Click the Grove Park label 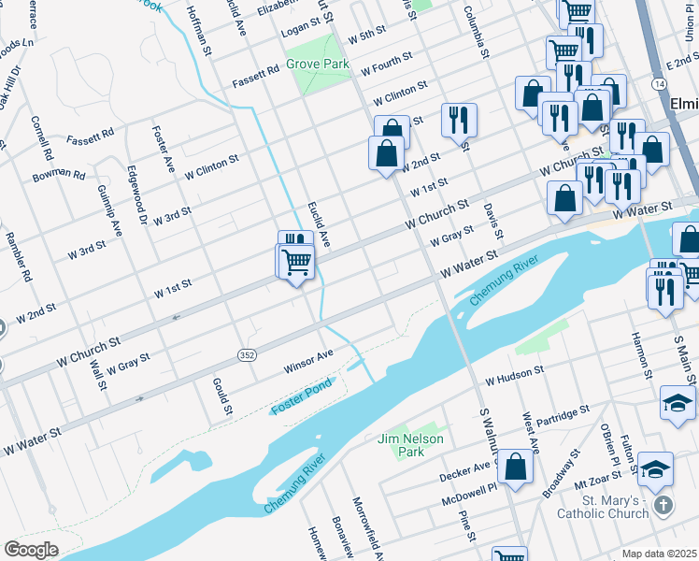pyautogui.click(x=318, y=65)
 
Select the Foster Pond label pyautogui.click(x=300, y=404)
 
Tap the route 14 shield pyautogui.click(x=660, y=84)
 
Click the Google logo pyautogui.click(x=30, y=549)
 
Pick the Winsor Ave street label pyautogui.click(x=309, y=361)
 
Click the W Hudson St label pyautogui.click(x=514, y=377)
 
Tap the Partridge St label pyautogui.click(x=563, y=411)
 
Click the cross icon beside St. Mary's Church pyautogui.click(x=663, y=506)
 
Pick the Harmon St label pyautogui.click(x=641, y=355)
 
